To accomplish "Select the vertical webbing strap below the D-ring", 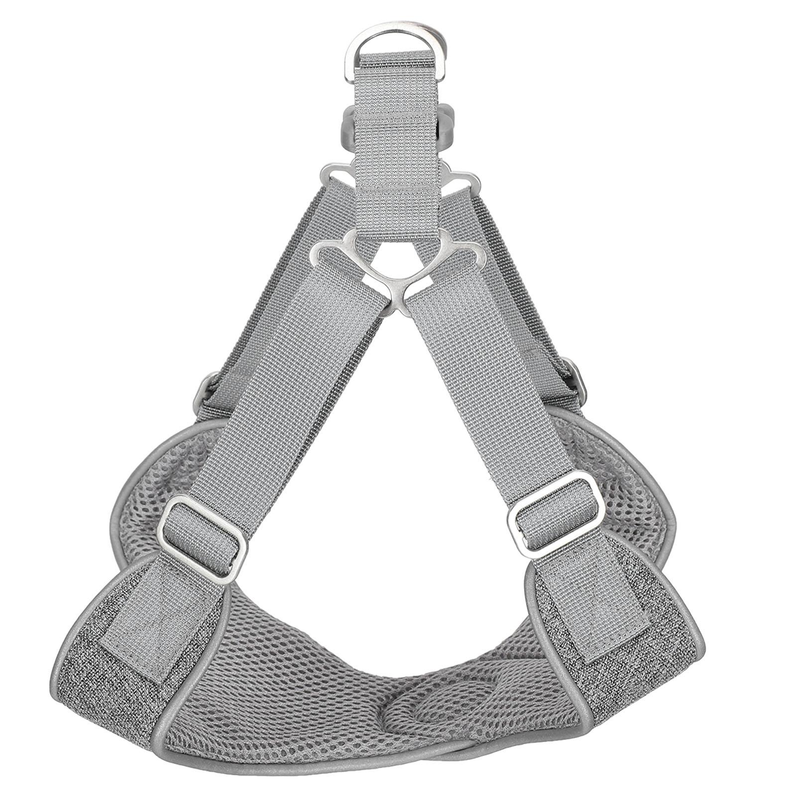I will click(398, 149).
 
